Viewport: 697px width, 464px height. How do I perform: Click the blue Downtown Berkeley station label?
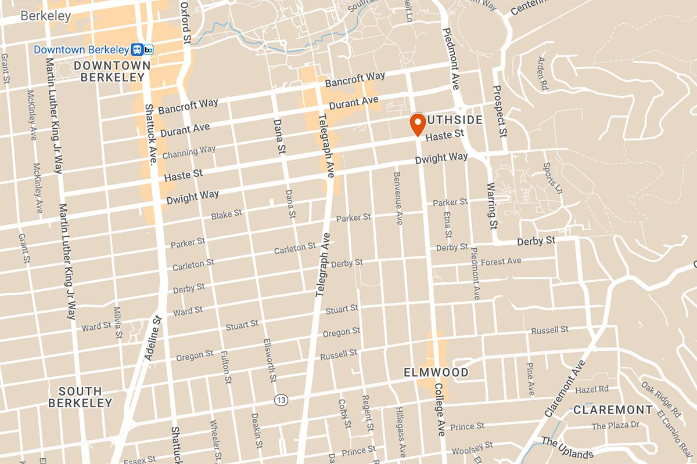point(81,50)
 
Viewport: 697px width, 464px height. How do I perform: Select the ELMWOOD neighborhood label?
point(437,372)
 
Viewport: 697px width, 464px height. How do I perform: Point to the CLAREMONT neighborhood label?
point(613,410)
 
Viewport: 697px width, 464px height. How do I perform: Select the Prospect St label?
point(498,110)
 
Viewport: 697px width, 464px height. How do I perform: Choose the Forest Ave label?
point(501,262)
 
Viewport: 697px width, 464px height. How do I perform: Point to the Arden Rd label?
point(544,72)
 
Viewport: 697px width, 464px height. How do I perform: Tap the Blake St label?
point(227,215)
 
